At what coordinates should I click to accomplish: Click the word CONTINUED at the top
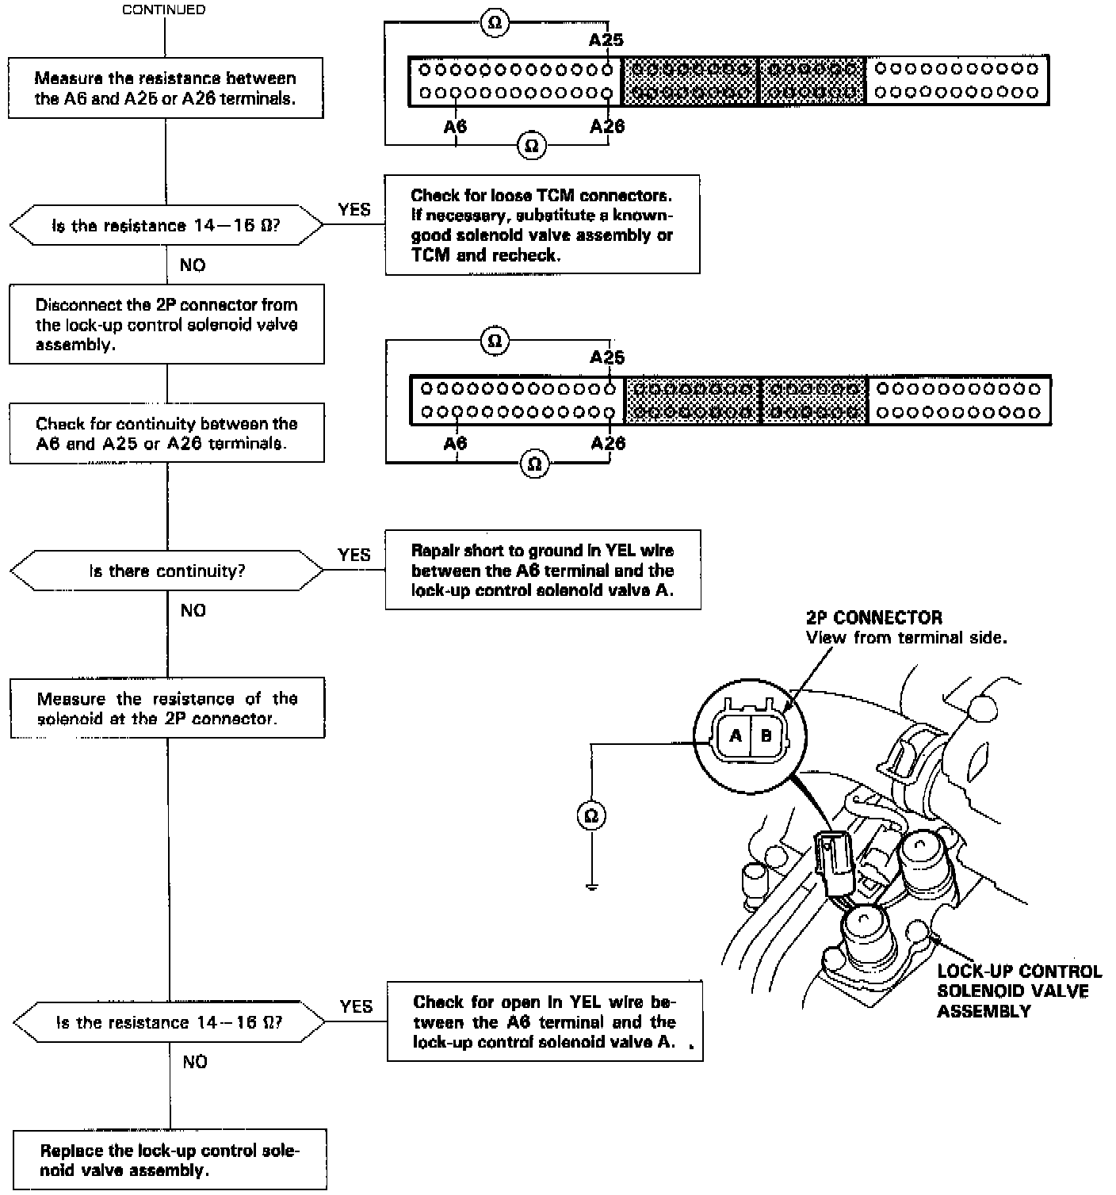point(163,10)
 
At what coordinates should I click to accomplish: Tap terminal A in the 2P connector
point(735,735)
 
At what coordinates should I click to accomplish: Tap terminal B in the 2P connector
point(766,735)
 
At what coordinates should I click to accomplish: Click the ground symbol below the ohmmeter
point(591,885)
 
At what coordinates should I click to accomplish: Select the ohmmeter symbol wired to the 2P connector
point(591,815)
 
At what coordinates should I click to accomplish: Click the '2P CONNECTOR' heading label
point(873,617)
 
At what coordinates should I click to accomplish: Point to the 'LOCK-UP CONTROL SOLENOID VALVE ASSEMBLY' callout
point(1019,991)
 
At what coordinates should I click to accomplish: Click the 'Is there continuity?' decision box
point(166,571)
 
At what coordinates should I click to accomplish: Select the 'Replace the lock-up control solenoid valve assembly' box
point(170,1160)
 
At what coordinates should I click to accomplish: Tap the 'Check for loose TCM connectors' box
point(542,225)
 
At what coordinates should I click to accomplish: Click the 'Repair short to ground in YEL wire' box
point(543,570)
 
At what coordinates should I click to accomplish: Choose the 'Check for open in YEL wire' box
point(545,1021)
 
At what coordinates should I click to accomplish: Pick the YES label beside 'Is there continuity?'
point(354,555)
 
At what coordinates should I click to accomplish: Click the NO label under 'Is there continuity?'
point(193,610)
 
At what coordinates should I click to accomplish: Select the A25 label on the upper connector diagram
point(606,40)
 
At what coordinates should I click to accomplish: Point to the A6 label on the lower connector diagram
point(455,443)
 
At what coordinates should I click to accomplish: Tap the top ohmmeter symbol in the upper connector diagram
point(495,24)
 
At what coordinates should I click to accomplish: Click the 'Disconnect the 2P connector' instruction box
point(166,324)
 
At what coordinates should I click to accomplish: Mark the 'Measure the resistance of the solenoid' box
point(167,708)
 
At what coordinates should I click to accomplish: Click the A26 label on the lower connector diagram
point(608,443)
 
